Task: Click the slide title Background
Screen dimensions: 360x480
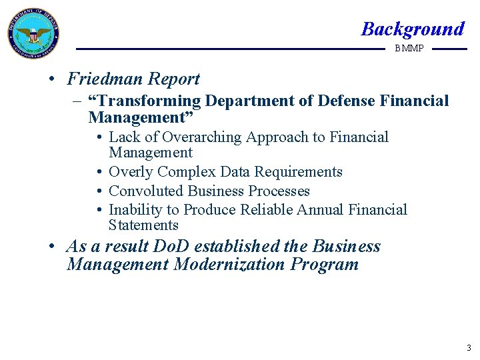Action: (x=412, y=29)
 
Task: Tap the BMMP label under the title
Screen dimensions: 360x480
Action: (x=409, y=49)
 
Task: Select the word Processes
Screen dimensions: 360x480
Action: (x=278, y=191)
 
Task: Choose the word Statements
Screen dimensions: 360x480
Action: (x=143, y=225)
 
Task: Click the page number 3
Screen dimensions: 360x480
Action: (x=468, y=348)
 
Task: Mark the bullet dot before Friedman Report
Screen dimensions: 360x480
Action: (x=52, y=79)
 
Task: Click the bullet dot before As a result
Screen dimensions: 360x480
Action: (x=52, y=247)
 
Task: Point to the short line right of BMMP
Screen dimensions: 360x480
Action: (x=449, y=49)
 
